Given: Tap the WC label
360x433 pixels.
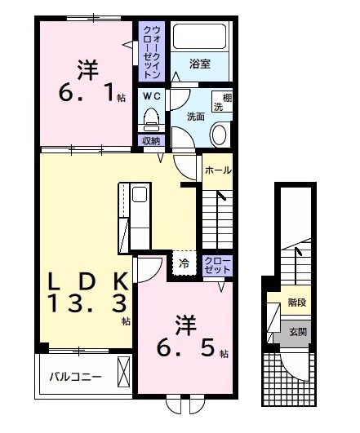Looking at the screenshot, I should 151,96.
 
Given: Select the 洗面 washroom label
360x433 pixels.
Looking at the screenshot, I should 195,116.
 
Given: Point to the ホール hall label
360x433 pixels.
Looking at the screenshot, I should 217,170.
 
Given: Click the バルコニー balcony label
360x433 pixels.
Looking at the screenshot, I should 74,378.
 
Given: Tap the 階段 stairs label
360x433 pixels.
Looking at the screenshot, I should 297,303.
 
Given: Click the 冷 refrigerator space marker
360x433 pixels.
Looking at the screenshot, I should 184,263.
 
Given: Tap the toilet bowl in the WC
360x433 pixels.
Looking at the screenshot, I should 150,121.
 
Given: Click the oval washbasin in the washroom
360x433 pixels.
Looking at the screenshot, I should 220,135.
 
